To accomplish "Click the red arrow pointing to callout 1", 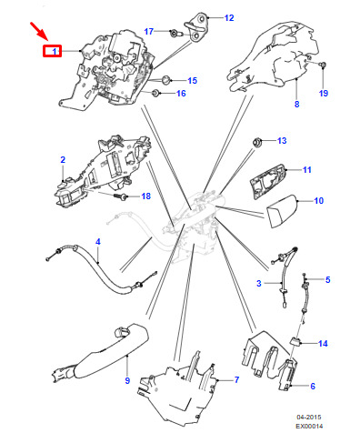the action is (x=39, y=31).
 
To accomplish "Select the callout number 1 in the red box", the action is (x=55, y=52).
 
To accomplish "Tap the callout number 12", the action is (x=229, y=18).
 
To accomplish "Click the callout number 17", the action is (x=149, y=31).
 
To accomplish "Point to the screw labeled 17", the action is (x=175, y=33).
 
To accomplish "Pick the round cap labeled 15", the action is (x=165, y=80).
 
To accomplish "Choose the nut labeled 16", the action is (x=155, y=93).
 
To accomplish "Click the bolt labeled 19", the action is (x=324, y=65).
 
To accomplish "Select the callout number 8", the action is (x=296, y=104).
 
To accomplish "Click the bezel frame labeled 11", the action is (x=267, y=181).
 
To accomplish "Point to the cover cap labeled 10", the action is (x=282, y=211).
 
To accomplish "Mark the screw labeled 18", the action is (x=121, y=196).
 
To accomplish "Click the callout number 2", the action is (x=63, y=159).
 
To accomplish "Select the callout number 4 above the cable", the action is (x=97, y=242).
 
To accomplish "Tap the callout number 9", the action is (x=127, y=380).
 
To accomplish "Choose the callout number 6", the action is (x=313, y=386).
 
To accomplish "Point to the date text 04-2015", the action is (x=309, y=418).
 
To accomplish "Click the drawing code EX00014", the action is (x=309, y=426).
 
